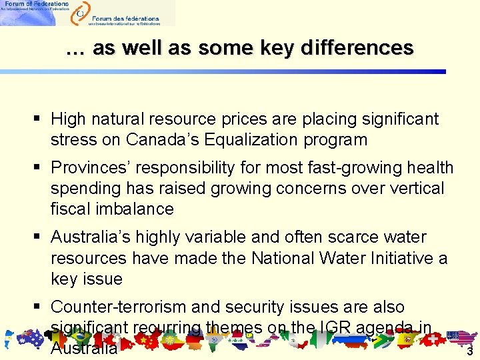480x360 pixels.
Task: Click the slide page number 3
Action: [469, 351]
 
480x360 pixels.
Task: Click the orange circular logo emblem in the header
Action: [81, 11]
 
